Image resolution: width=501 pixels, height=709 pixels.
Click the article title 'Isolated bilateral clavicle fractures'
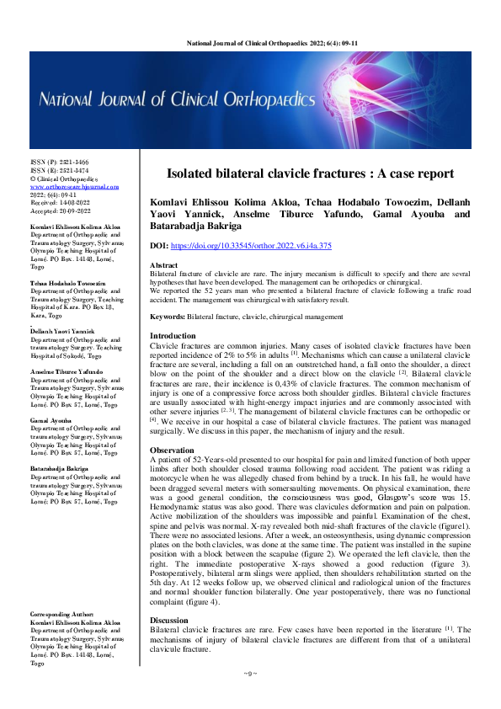click(309, 174)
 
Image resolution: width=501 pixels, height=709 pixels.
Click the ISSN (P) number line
click(58, 162)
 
